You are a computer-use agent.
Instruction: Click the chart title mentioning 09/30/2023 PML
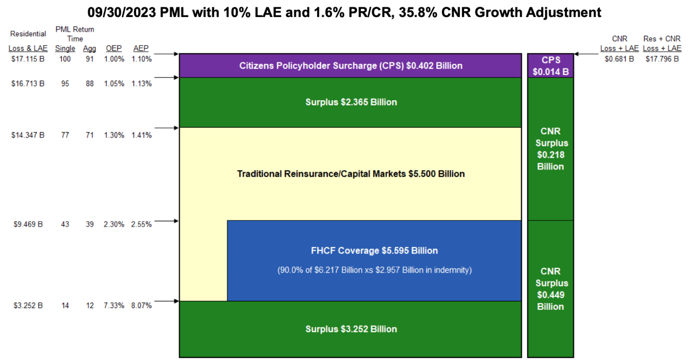pyautogui.click(x=345, y=12)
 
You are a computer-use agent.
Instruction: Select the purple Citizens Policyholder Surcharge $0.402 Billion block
pyautogui.click(x=350, y=66)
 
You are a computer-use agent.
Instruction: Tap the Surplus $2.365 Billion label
pyautogui.click(x=351, y=102)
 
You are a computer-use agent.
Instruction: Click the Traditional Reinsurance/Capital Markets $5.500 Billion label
pyautogui.click(x=351, y=174)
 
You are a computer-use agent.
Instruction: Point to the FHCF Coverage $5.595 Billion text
pyautogui.click(x=374, y=251)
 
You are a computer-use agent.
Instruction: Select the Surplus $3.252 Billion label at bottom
pyautogui.click(x=351, y=329)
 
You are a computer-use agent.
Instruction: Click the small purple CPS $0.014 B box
pyautogui.click(x=551, y=66)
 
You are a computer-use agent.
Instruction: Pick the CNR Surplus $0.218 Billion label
pyautogui.click(x=551, y=149)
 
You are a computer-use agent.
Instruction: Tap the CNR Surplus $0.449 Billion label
pyautogui.click(x=551, y=289)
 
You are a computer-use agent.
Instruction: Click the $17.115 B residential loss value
pyautogui.click(x=28, y=59)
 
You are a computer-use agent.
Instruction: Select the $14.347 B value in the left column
pyautogui.click(x=28, y=135)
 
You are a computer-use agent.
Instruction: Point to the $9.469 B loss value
pyautogui.click(x=28, y=224)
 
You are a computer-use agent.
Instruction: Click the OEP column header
pyautogui.click(x=114, y=49)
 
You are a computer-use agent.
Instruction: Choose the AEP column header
pyautogui.click(x=141, y=49)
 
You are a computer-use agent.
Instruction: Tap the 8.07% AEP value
pyautogui.click(x=141, y=306)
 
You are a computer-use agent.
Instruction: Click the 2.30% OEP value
pyautogui.click(x=114, y=224)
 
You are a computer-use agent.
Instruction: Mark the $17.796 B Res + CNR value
pyautogui.click(x=662, y=59)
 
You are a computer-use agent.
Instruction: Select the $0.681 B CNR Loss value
pyautogui.click(x=619, y=59)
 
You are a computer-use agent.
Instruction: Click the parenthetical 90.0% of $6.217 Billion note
pyautogui.click(x=374, y=270)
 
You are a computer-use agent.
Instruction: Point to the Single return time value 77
pyautogui.click(x=65, y=135)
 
